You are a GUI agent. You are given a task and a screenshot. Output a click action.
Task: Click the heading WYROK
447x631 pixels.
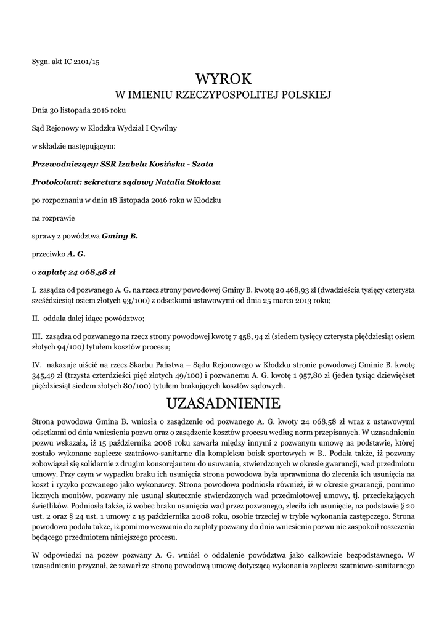point(224,79)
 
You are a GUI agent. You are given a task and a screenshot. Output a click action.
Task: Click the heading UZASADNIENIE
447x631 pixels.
point(224,404)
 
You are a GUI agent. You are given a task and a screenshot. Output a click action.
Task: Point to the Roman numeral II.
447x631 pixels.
point(35,319)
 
